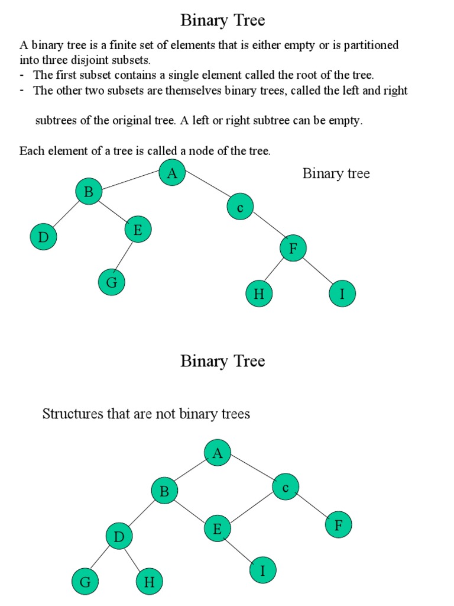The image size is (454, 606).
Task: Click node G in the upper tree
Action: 112,282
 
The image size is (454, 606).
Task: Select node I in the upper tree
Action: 342,294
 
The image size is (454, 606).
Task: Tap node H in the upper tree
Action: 259,294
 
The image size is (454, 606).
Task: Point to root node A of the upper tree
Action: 172,173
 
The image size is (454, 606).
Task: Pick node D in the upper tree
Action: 43,237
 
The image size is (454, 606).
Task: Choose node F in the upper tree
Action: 293,249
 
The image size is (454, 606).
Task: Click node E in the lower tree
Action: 218,529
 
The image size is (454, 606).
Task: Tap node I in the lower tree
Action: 262,570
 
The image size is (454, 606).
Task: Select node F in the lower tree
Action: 339,524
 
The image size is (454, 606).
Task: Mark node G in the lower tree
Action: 85,582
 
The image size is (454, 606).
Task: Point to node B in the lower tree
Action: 164,491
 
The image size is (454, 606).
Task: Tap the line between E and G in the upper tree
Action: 125,256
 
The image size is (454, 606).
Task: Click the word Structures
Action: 71,414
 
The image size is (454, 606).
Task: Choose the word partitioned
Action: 368,45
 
